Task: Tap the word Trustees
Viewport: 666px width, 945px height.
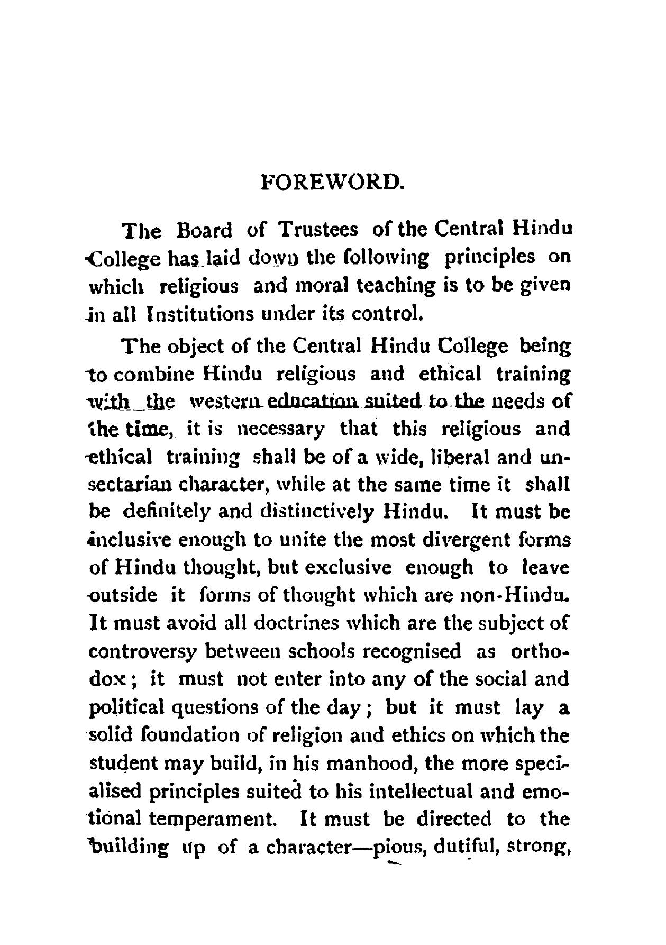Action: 318,231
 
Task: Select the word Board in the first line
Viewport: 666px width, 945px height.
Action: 204,231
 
